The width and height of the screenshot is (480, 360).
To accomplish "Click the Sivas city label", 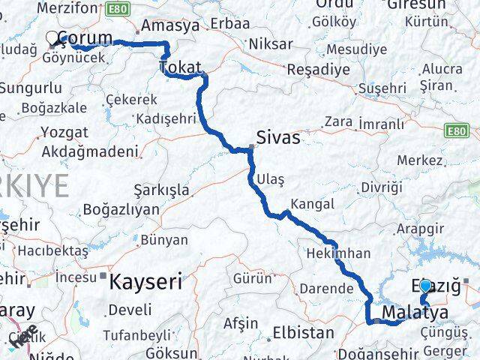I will pos(277,138).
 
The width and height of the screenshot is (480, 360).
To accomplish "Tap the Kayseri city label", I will pos(145,282).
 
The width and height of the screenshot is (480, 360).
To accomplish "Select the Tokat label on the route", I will pos(180,68).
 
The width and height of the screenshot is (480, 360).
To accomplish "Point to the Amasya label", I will pos(170,25).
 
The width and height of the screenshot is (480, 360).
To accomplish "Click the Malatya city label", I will pos(415,312).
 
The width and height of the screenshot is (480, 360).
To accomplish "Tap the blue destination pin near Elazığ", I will pos(426,286).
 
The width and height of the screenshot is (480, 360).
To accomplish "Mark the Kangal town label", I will pos(311,204).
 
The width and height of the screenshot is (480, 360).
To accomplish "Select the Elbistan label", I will pos(303,331).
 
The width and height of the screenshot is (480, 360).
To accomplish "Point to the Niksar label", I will pos(269,43).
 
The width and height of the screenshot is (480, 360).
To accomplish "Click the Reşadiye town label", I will pos(319,70).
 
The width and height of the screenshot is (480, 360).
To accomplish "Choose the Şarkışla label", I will pos(160,190).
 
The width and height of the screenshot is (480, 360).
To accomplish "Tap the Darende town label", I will pos(325,288).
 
